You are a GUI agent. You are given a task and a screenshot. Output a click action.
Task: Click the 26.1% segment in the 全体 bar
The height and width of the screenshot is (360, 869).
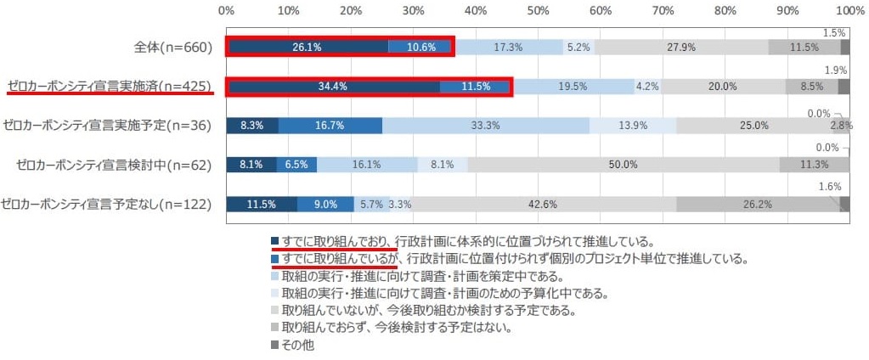307,47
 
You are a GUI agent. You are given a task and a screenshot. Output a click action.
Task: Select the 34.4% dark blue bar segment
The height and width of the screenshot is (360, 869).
333,86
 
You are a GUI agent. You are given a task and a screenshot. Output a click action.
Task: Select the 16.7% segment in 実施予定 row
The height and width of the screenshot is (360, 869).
330,125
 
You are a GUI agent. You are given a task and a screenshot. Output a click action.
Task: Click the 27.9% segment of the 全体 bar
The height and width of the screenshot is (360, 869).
681,47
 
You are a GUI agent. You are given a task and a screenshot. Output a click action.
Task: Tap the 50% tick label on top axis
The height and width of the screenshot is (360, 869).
538,11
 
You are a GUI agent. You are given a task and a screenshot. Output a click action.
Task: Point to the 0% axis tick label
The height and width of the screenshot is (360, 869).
227,11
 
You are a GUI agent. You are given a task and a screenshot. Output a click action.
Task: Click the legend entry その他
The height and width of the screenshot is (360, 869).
299,345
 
